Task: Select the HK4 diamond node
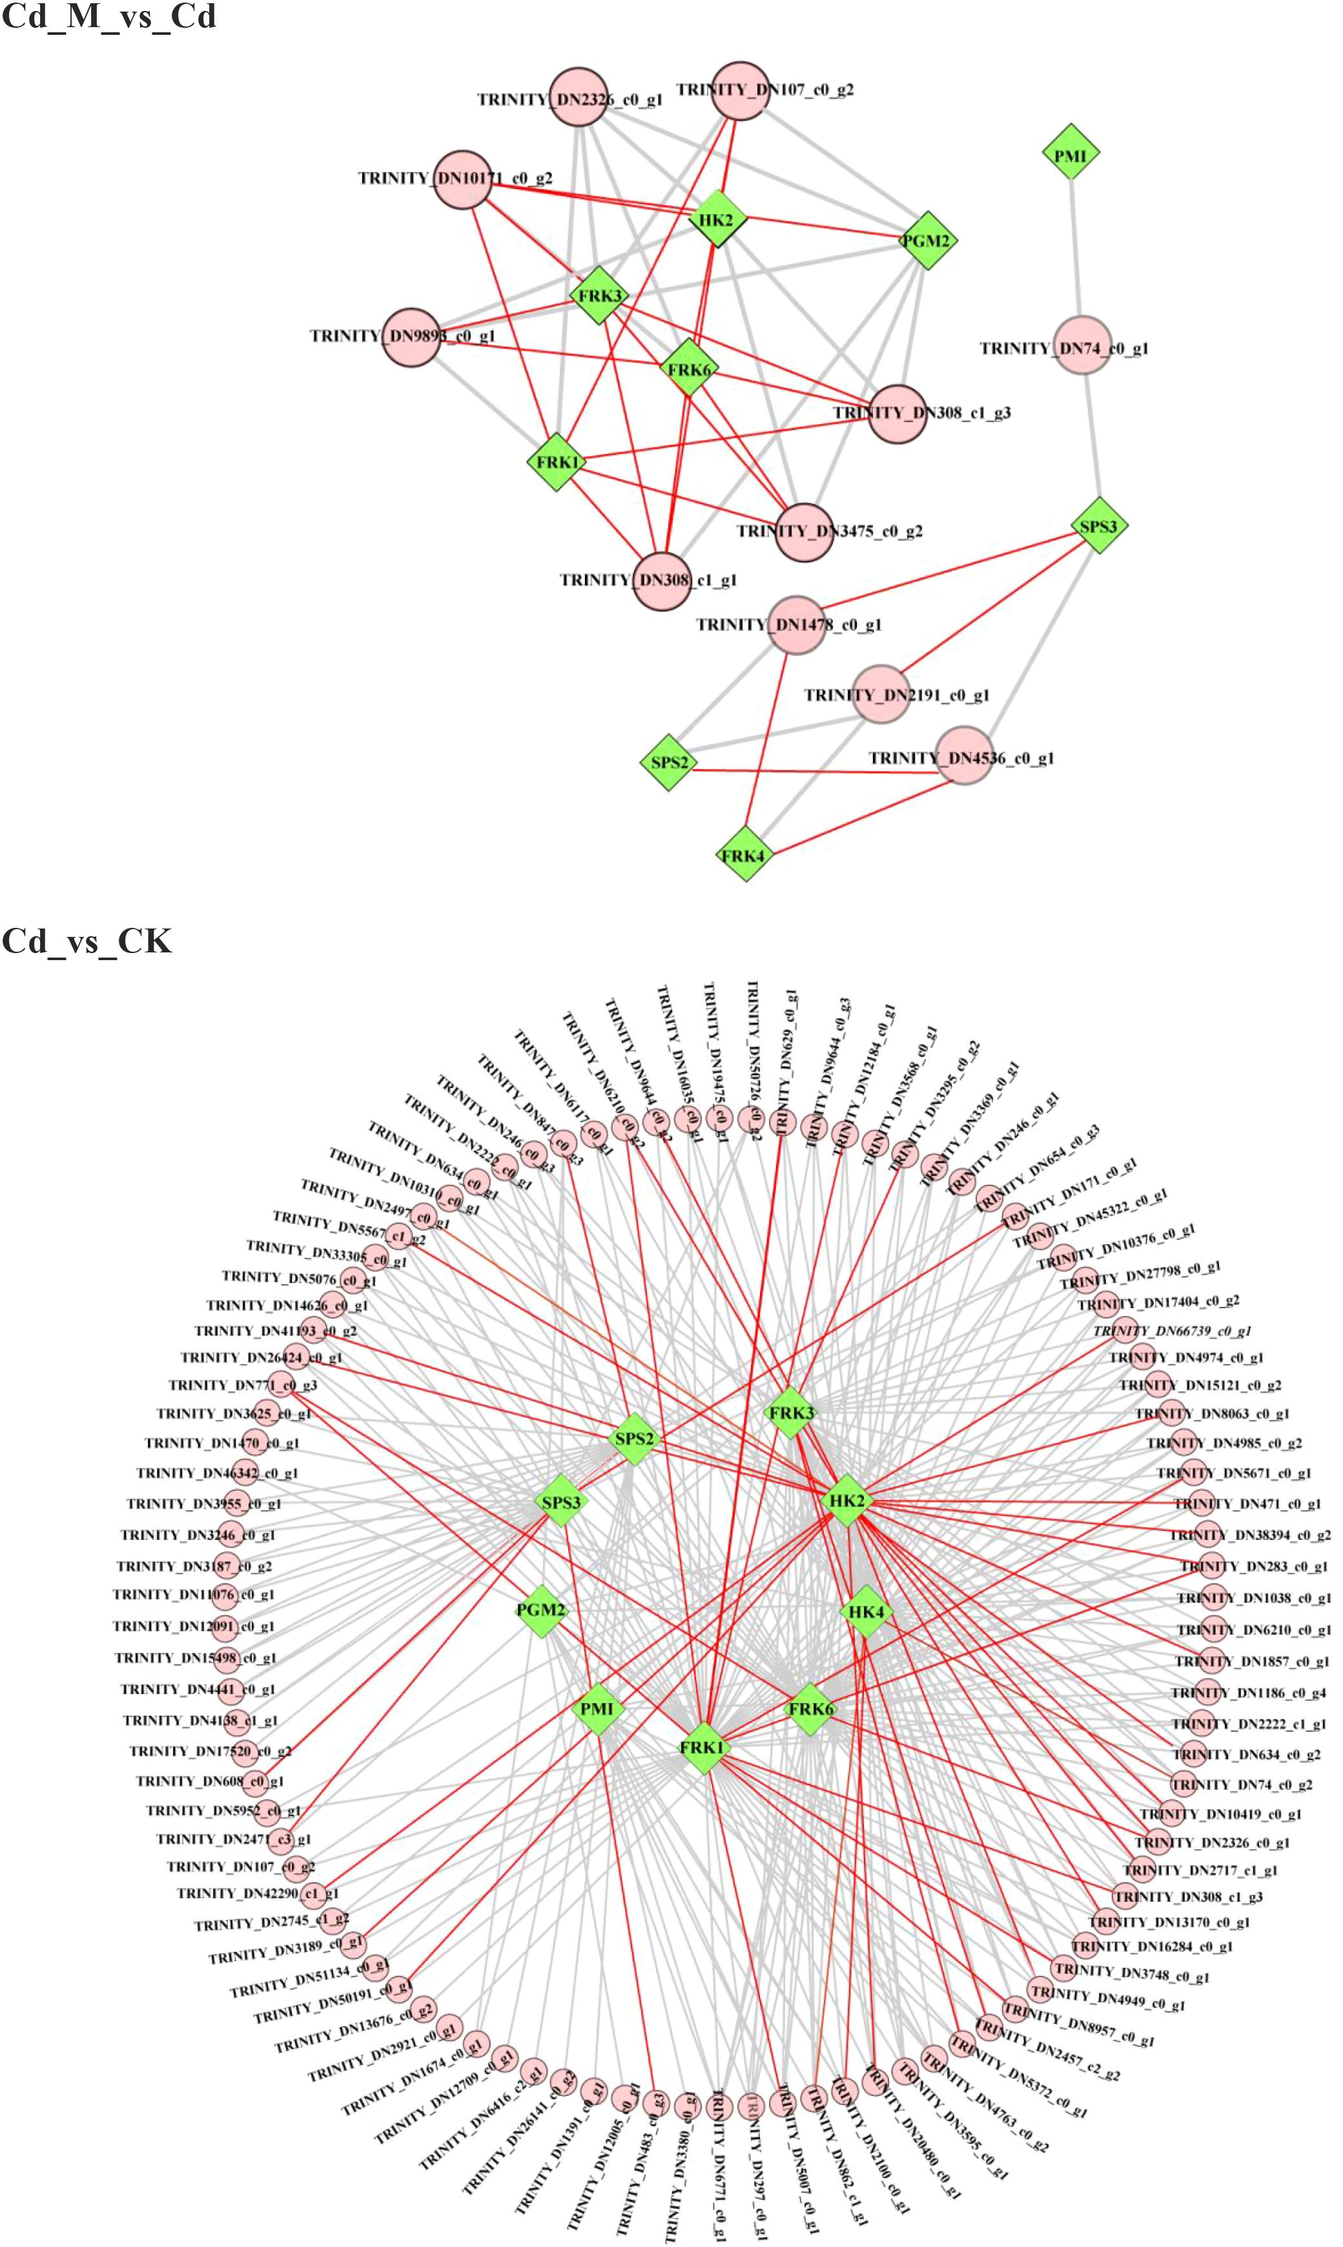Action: [x=866, y=1611]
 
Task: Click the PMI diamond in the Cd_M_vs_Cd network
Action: [x=1070, y=156]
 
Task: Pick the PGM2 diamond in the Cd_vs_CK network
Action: [x=541, y=1610]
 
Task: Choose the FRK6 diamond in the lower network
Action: [x=810, y=1708]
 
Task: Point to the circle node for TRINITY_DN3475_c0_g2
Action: [x=803, y=532]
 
